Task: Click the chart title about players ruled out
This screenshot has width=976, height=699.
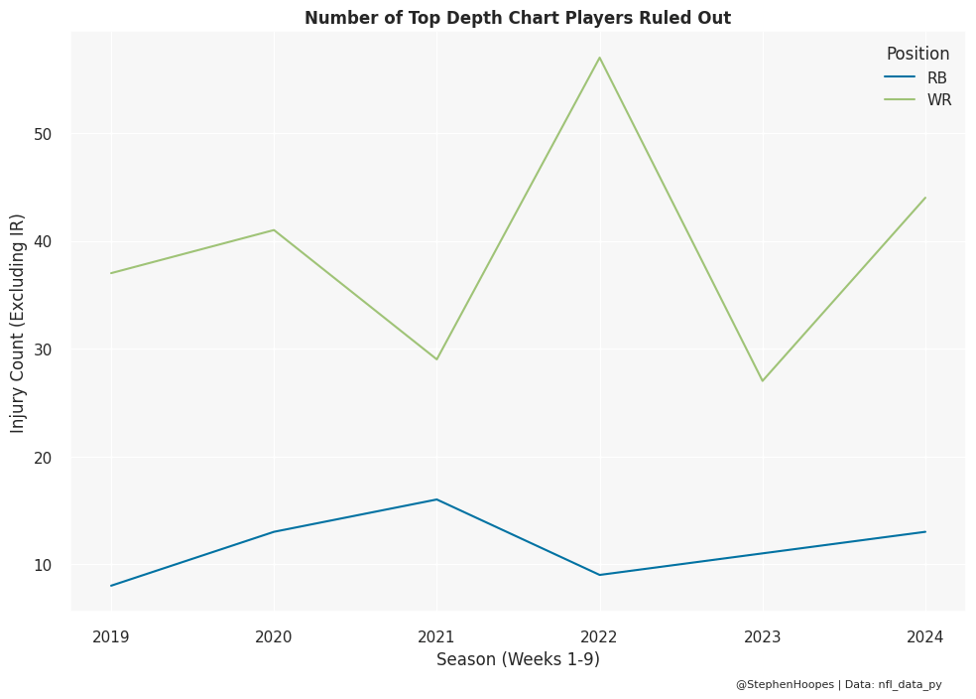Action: pos(517,18)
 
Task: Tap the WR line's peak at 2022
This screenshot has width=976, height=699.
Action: pos(599,58)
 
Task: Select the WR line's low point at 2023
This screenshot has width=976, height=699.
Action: pos(763,380)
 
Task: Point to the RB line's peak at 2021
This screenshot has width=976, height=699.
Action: pos(436,499)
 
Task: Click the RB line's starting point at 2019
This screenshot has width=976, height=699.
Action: pos(111,586)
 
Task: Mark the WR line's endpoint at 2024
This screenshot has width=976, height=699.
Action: pos(925,198)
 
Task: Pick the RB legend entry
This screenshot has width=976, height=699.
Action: pos(936,77)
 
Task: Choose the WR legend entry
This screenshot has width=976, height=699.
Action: pos(938,99)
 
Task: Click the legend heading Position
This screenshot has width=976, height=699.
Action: pos(917,55)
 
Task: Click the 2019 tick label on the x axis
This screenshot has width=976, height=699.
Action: pos(111,636)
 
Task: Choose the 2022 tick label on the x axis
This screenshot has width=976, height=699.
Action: pos(599,636)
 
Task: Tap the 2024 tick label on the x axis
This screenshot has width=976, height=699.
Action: pos(925,636)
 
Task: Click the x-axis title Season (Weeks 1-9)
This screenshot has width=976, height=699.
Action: pos(518,659)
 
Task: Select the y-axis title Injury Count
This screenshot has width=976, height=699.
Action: pos(18,323)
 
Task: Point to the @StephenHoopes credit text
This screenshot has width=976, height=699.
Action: pos(785,684)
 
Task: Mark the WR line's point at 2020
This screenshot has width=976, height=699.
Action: pos(274,230)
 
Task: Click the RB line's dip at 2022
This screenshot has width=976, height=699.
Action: pos(599,575)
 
